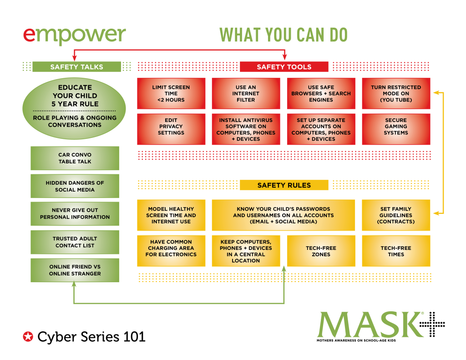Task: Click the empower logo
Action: (x=74, y=35)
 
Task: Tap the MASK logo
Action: (x=370, y=325)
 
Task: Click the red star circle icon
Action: (x=28, y=337)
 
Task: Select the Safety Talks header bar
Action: (x=76, y=67)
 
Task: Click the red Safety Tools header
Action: (x=284, y=67)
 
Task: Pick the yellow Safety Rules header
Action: (x=284, y=185)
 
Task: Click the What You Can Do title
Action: (x=284, y=35)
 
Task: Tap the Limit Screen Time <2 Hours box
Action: (x=171, y=93)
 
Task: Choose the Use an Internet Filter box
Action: (x=246, y=93)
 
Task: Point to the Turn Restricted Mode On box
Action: (x=396, y=93)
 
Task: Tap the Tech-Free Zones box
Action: (x=321, y=251)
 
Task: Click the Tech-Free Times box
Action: (x=396, y=251)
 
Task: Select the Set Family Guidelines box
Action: (x=396, y=215)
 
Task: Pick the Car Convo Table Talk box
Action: (x=75, y=158)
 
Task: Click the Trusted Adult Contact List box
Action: (x=75, y=242)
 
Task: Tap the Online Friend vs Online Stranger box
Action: (x=75, y=270)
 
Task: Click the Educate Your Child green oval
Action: (x=74, y=108)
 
